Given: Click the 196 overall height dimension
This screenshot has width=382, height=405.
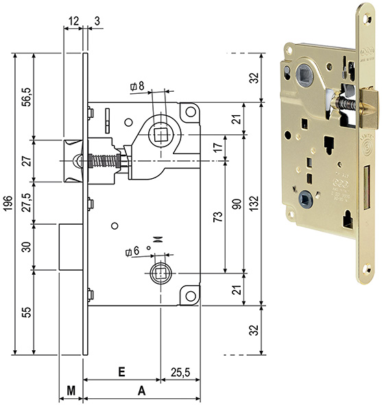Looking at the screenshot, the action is point(8,204).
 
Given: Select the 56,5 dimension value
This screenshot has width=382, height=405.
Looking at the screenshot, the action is point(27,97).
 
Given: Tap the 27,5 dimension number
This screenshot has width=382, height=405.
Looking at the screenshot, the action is point(27,202).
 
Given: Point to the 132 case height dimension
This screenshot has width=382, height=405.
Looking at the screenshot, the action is point(254,204).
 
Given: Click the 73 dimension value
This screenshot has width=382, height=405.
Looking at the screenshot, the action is point(218,217).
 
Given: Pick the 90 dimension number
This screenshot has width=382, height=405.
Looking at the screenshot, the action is point(238,204).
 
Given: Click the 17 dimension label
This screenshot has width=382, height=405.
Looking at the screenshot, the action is point(218,147).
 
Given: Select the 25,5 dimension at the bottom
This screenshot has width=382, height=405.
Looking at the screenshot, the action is point(180,373).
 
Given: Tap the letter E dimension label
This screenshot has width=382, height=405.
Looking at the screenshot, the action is point(121,372).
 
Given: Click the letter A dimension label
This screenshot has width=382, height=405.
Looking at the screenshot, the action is point(141,391).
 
